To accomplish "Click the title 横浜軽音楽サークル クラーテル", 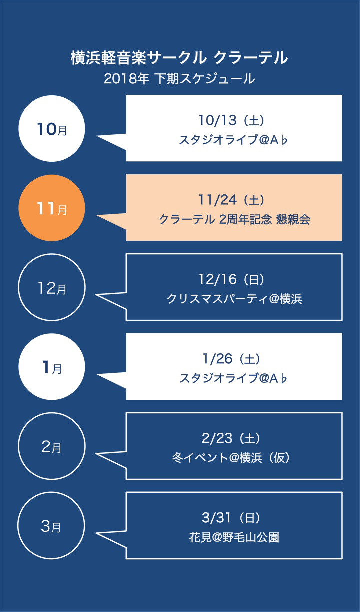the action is point(179,58).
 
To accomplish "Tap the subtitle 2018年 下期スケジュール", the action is point(179,79).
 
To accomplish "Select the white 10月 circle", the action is point(52,128).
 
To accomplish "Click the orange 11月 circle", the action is point(52,208).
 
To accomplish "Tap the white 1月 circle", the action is point(52,367).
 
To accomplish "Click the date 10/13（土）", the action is point(231,120).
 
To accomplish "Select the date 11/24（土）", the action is point(231,200).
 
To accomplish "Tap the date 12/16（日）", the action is point(231,279).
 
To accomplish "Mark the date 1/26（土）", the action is point(231,359).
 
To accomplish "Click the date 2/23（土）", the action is point(231,438).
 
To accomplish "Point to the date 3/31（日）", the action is point(231,518).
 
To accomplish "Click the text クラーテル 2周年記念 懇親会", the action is point(234,219).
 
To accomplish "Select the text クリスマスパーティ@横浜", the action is point(234,299).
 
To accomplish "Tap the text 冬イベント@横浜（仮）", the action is point(231,458).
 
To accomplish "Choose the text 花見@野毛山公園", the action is point(234,537).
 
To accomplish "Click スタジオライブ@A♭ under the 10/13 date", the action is point(233,140).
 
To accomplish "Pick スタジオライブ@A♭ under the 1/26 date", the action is point(233,378).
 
